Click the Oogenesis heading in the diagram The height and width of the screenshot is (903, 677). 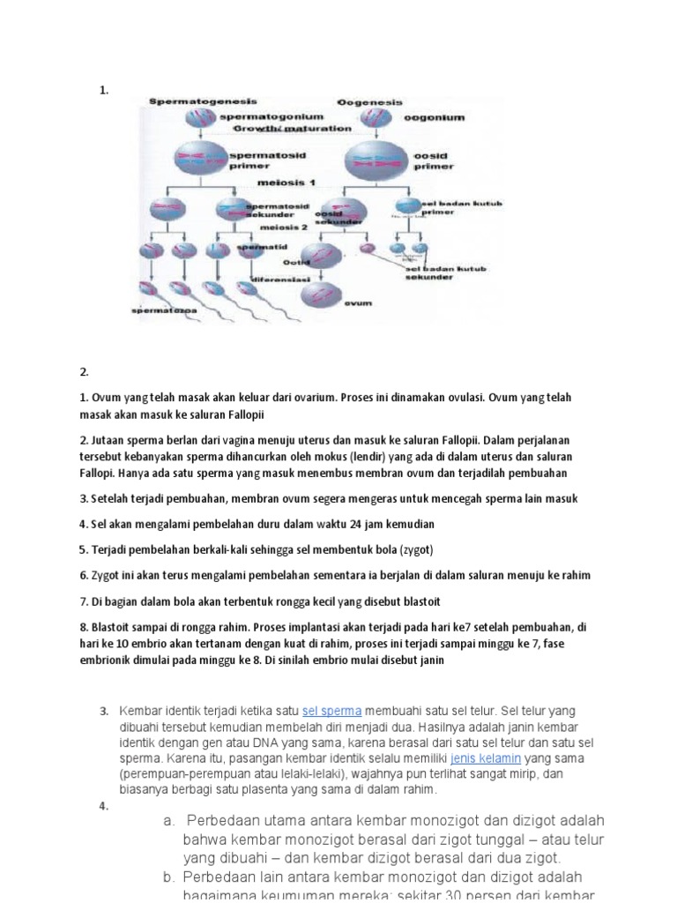click(x=371, y=102)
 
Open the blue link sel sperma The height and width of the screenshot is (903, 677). click(x=331, y=711)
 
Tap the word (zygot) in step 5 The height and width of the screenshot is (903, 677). click(x=416, y=549)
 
